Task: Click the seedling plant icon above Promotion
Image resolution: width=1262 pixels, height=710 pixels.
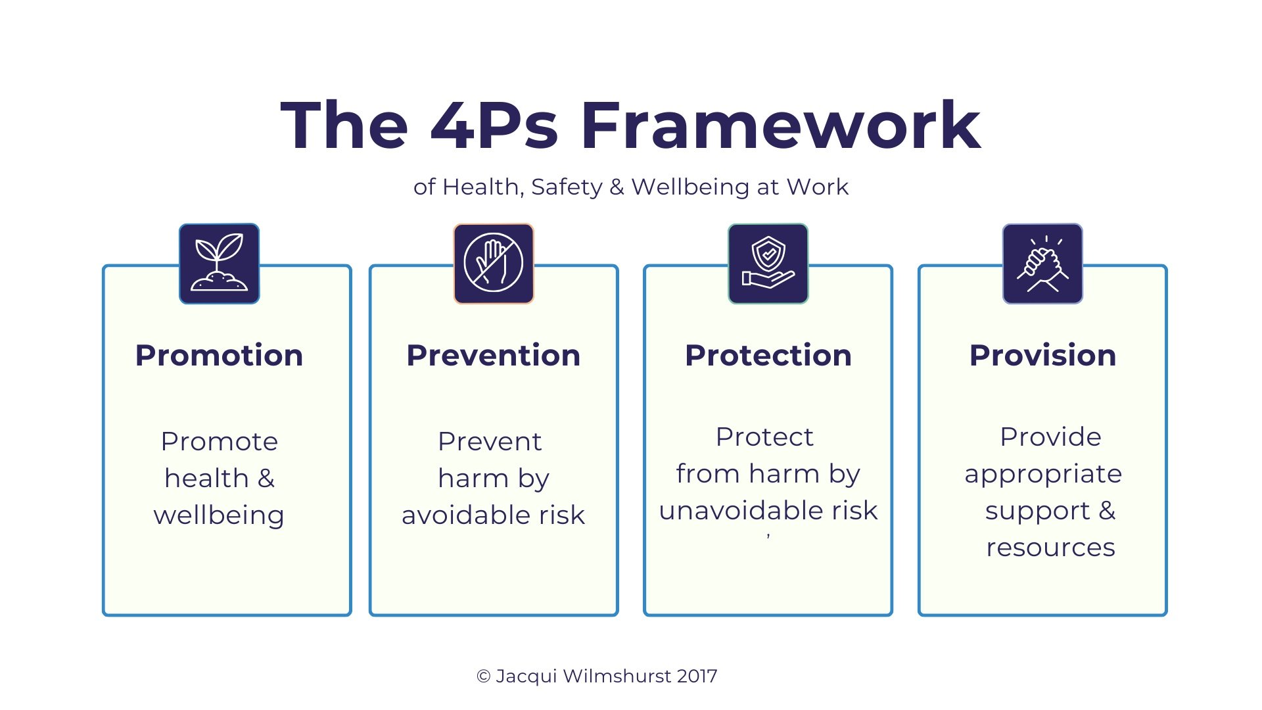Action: tap(219, 264)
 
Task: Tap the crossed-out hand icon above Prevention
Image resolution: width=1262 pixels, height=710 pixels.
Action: tap(494, 264)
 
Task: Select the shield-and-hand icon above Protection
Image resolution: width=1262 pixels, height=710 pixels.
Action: tap(768, 264)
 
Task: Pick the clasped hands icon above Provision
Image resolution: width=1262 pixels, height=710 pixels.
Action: tap(1042, 264)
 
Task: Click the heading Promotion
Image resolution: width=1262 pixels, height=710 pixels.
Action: tap(219, 356)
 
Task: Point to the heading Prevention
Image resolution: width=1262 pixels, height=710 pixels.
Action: tap(494, 356)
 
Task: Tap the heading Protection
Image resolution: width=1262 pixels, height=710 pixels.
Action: tap(768, 356)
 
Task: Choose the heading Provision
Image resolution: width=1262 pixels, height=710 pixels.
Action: tap(1042, 356)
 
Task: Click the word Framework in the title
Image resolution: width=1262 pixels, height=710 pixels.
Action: tap(780, 126)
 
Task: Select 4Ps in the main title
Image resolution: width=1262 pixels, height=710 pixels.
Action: tap(494, 126)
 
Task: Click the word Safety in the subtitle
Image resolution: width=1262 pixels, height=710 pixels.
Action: tap(567, 187)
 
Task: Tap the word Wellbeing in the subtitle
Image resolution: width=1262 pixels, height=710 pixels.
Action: tap(690, 187)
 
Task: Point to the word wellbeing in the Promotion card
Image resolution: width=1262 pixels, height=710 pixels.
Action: tap(219, 515)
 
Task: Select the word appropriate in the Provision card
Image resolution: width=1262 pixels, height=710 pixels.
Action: tap(1043, 474)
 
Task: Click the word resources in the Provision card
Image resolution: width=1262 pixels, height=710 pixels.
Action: tap(1050, 548)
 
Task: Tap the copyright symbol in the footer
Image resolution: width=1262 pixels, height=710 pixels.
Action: tap(484, 676)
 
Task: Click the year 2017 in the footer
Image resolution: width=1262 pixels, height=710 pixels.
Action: tap(697, 676)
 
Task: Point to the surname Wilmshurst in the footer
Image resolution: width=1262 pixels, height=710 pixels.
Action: tap(617, 676)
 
